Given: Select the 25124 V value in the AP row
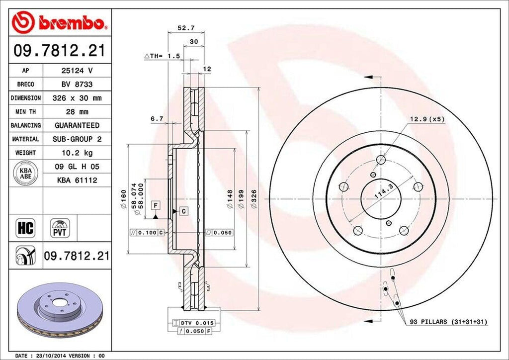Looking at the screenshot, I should tap(77, 71).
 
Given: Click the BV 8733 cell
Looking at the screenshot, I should tap(77, 85).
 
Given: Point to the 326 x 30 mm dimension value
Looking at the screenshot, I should tap(77, 98).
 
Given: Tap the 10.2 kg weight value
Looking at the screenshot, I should tap(77, 153).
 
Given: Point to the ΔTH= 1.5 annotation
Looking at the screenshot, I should tap(162, 57).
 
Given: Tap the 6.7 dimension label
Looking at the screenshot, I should tap(158, 119).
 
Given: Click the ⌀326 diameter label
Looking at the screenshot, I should tap(254, 201).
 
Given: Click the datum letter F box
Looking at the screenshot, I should tap(156, 205).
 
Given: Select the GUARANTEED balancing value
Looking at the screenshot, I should tap(77, 125).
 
